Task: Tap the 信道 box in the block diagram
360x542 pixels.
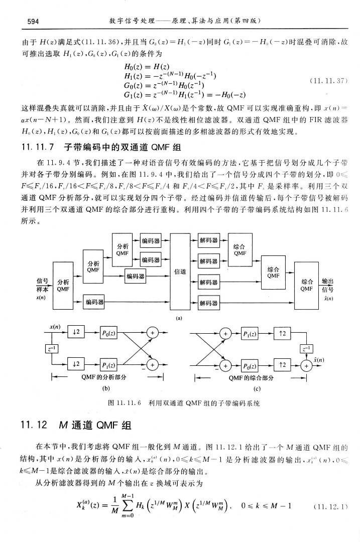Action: coord(180,272)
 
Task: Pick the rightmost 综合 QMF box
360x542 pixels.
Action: coord(307,285)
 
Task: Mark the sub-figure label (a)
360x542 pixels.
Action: coord(180,317)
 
